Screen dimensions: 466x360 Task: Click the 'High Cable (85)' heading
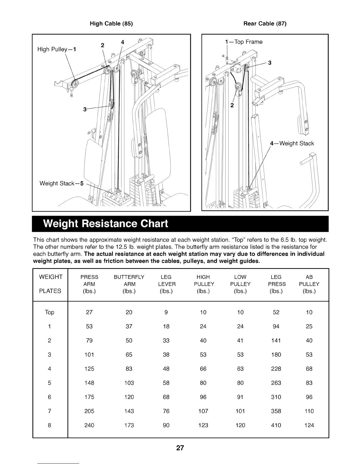[x=111, y=24]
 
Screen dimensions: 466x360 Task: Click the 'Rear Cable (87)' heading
[x=265, y=24]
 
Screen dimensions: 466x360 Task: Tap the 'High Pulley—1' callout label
[x=57, y=49]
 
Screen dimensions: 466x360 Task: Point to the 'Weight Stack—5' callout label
[x=62, y=184]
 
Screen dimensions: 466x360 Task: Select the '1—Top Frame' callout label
[x=244, y=42]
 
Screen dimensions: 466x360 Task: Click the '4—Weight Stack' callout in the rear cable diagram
[x=292, y=144]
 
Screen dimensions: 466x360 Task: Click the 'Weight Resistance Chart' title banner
[x=106, y=224]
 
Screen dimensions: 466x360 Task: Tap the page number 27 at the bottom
[x=180, y=448]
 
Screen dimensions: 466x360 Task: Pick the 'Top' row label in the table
[x=49, y=312]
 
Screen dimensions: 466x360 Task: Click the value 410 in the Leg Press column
[x=276, y=425]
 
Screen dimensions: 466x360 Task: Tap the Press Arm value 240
[x=89, y=425]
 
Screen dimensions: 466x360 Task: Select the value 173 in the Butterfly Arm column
[x=129, y=425]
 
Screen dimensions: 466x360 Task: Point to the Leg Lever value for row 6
[x=166, y=397]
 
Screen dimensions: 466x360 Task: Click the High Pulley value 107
[x=203, y=411]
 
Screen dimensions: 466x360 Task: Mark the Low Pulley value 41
[x=240, y=340]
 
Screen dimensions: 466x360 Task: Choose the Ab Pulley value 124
[x=309, y=425]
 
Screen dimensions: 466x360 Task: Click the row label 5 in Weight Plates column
[x=49, y=383]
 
